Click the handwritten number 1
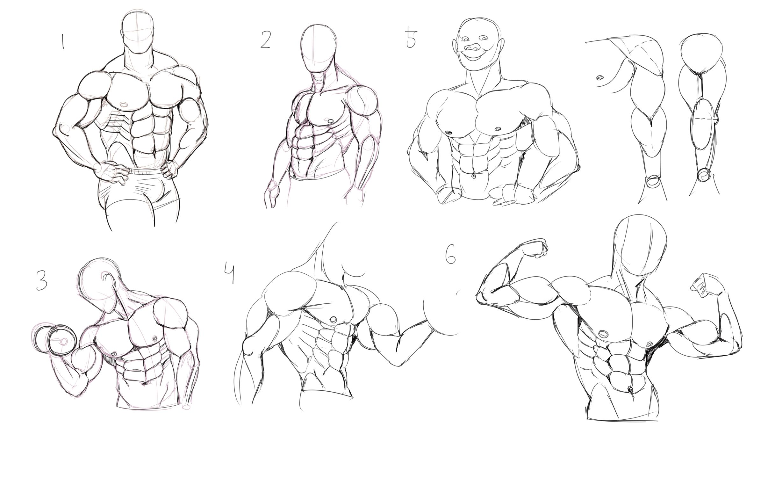coord(62,42)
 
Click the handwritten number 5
coord(411,37)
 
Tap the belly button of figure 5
coord(474,176)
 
